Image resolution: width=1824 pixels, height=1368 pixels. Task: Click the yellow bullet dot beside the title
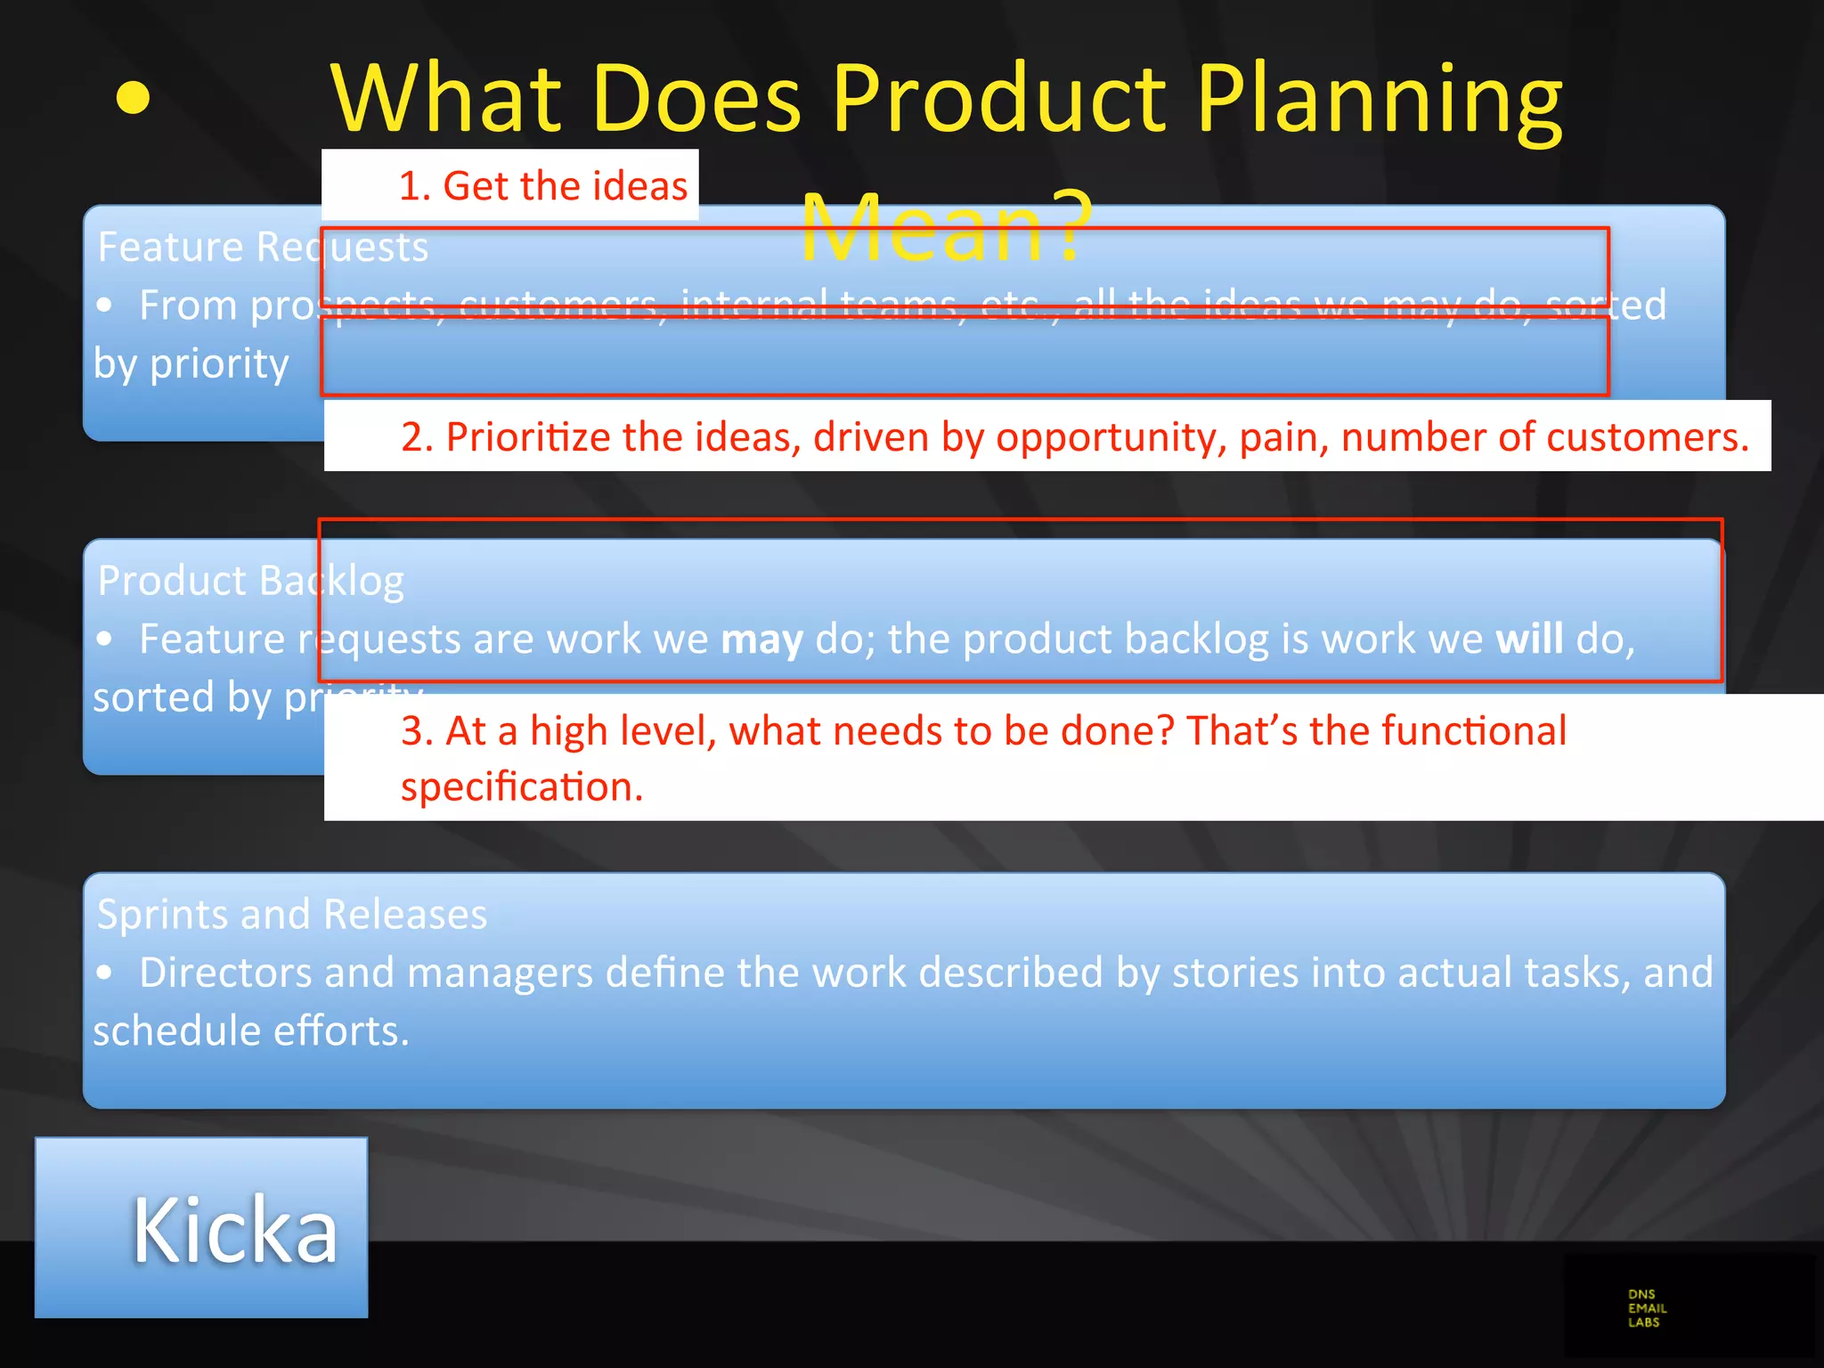click(x=133, y=98)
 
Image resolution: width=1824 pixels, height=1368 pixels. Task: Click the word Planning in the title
click(x=1380, y=100)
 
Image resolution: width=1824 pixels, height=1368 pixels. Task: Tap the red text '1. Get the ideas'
click(x=542, y=186)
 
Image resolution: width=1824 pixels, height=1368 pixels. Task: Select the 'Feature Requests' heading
click(x=262, y=247)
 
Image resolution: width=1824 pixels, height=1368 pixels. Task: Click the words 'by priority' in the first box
click(x=191, y=363)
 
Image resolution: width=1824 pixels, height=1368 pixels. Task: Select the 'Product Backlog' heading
click(x=250, y=581)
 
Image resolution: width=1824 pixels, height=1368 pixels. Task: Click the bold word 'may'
click(x=761, y=639)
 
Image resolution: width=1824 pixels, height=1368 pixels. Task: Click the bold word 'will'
click(x=1528, y=639)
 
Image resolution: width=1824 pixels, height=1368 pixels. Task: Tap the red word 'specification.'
click(x=522, y=787)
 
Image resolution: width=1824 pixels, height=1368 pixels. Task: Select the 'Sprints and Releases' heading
click(x=291, y=915)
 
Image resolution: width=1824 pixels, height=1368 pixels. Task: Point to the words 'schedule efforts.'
click(x=251, y=1031)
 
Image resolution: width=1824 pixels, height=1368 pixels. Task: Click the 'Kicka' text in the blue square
click(x=235, y=1230)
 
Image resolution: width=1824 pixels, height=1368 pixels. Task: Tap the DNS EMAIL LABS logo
click(x=1647, y=1308)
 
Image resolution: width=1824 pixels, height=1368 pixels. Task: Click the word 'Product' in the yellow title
click(x=998, y=100)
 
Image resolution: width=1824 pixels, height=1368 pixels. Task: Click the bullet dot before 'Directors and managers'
click(x=105, y=973)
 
